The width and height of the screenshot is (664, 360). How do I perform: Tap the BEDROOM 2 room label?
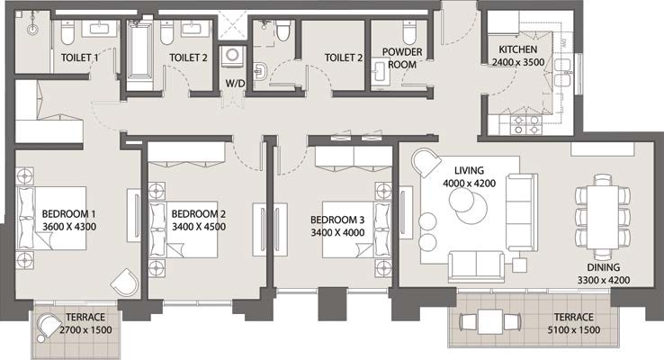pos(198,214)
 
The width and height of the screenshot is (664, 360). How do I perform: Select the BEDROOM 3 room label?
pos(337,220)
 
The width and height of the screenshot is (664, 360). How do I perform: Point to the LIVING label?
pos(469,169)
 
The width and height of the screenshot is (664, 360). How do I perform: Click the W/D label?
pos(234,84)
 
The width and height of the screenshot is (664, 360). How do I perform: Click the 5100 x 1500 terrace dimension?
pos(573,329)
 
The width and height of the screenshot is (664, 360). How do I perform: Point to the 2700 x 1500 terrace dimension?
pos(84,329)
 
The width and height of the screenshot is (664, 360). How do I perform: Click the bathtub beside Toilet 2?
pos(139,49)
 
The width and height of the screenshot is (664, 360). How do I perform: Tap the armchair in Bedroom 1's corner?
pos(124,283)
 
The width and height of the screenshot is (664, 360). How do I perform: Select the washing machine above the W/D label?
pos(232,56)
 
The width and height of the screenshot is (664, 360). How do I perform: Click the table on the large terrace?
pos(489,320)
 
